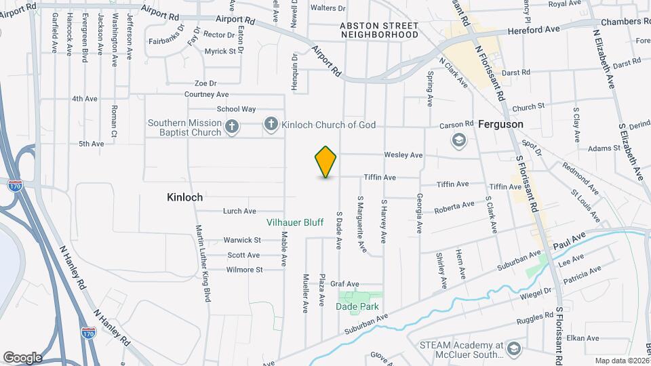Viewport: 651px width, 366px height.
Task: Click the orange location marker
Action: (x=325, y=161)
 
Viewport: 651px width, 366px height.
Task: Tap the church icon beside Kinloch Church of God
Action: (x=271, y=123)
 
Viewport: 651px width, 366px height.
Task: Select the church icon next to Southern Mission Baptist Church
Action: (x=231, y=127)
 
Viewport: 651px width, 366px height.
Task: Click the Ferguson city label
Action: (x=500, y=125)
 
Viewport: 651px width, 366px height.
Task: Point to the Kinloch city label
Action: (x=185, y=197)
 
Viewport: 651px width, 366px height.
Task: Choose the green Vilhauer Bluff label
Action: (x=294, y=222)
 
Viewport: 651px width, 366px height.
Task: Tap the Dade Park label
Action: (x=357, y=306)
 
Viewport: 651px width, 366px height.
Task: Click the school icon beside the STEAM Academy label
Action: (x=513, y=348)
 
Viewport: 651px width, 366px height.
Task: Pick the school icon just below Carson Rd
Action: (x=459, y=140)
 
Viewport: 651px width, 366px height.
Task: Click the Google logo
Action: (x=22, y=357)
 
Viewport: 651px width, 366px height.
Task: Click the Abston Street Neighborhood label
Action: (x=379, y=29)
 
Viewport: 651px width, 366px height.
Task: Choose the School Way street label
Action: (x=236, y=109)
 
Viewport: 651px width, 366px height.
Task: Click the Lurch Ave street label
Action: (x=239, y=211)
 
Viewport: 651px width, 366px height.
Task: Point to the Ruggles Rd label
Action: (x=534, y=317)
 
